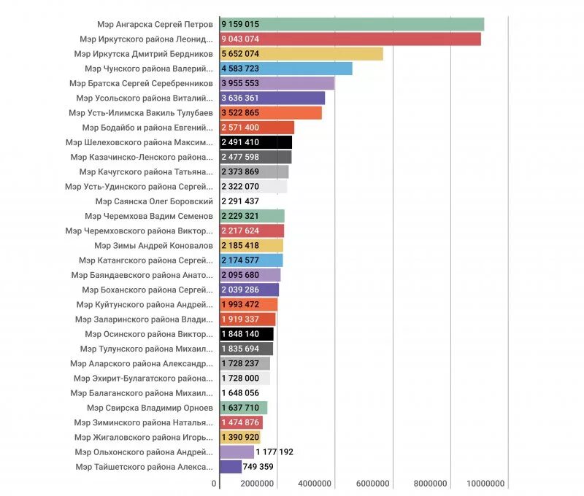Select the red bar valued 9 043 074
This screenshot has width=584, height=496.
pyautogui.click(x=350, y=39)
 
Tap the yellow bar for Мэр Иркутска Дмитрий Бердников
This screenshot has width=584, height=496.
pyautogui.click(x=301, y=54)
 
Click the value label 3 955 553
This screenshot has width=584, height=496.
pyautogui.click(x=240, y=83)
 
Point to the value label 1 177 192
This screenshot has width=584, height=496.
pyautogui.click(x=274, y=452)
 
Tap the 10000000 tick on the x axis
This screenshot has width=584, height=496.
pyautogui.click(x=485, y=484)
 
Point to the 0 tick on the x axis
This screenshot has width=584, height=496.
pyautogui.click(x=215, y=484)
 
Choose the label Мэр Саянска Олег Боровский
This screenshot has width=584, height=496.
pyautogui.click(x=164, y=201)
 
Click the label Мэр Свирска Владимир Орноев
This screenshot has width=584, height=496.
pyautogui.click(x=150, y=408)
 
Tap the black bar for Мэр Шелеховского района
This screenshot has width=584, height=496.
pyautogui.click(x=256, y=142)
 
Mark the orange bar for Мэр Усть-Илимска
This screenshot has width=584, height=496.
pyautogui.click(x=271, y=112)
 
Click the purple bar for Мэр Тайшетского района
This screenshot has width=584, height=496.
pyautogui.click(x=231, y=467)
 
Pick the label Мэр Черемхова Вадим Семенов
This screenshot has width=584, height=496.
pyautogui.click(x=149, y=216)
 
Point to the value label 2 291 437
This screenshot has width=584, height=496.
pyautogui.click(x=240, y=201)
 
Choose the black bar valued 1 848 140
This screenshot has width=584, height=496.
pyautogui.click(x=247, y=334)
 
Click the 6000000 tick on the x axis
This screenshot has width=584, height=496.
pyautogui.click(x=373, y=484)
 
